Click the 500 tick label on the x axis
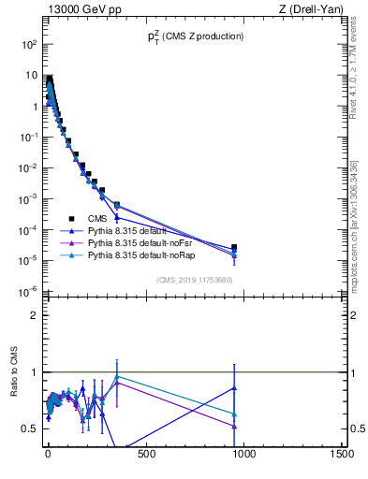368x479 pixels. click(x=145, y=456)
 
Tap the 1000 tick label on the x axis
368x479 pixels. click(x=243, y=456)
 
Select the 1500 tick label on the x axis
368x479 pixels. click(x=342, y=456)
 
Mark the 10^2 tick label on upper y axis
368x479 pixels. click(x=29, y=44)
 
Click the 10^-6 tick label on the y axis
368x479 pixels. click(x=29, y=291)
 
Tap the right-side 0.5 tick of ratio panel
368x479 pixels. click(x=357, y=428)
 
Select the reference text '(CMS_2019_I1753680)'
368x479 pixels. click(x=195, y=281)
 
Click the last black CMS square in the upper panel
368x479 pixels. click(x=234, y=248)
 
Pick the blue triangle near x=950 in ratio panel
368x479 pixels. click(x=234, y=387)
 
